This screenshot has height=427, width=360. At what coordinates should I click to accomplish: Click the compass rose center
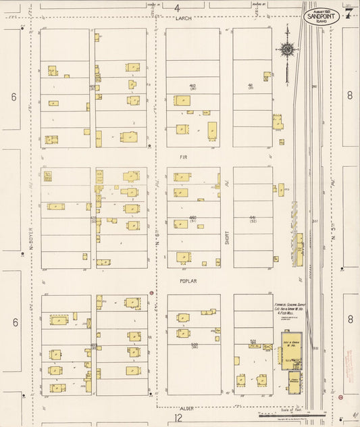[x=288, y=49]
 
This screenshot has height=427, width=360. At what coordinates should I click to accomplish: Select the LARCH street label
[x=184, y=20]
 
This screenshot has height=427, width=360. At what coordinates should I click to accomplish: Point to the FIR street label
[x=183, y=157]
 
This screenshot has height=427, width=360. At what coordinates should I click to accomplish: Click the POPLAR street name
[x=188, y=281]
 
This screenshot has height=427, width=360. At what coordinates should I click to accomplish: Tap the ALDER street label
[x=187, y=409]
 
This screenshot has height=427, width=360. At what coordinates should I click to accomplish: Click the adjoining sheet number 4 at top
[x=178, y=8]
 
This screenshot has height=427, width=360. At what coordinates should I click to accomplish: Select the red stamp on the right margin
[x=351, y=366]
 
